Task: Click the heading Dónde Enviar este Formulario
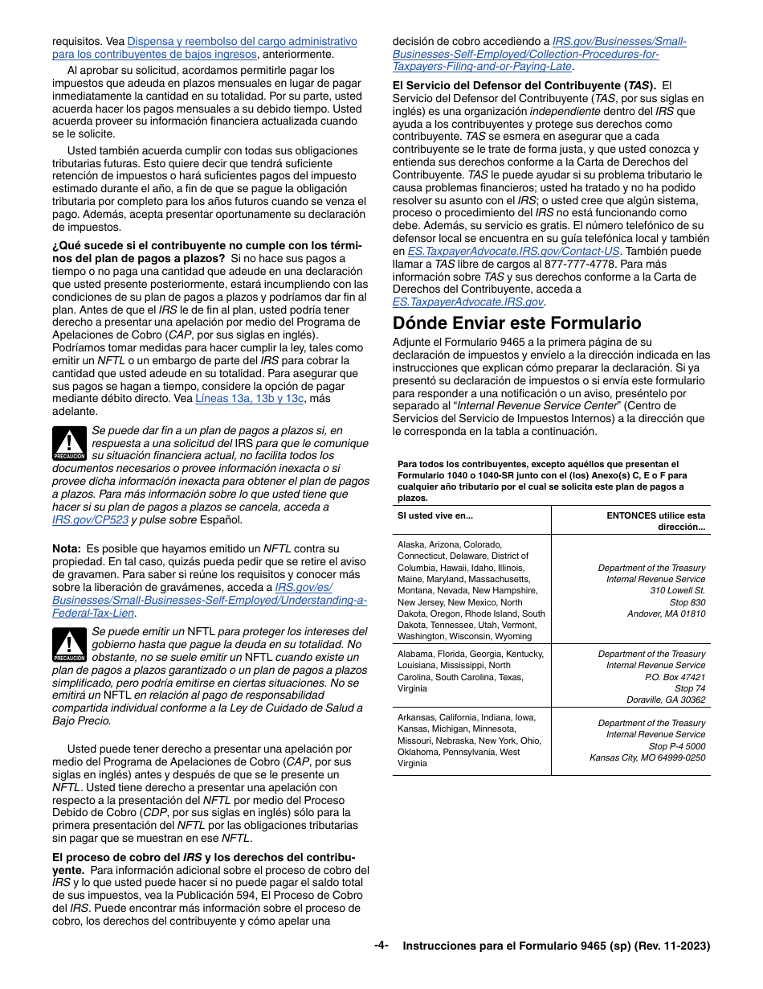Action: (x=516, y=323)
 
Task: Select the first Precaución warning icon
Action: (x=69, y=444)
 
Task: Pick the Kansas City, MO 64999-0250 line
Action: (x=647, y=757)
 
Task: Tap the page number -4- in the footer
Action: (x=381, y=946)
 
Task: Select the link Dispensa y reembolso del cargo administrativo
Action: (x=242, y=41)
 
